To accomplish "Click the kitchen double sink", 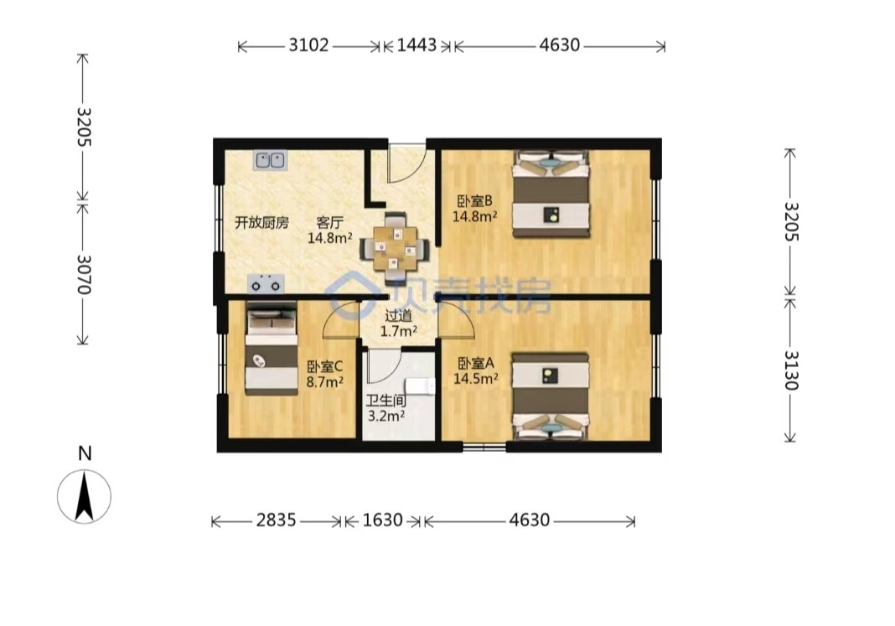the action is [270, 160].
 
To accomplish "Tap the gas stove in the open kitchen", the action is [266, 283].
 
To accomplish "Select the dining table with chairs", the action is [395, 249].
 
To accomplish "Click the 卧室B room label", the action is [474, 201].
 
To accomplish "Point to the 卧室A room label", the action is [475, 364].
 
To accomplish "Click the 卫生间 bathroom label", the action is [385, 401].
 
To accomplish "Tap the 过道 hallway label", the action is [398, 315].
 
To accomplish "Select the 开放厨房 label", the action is [262, 223].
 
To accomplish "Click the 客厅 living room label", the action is [329, 223].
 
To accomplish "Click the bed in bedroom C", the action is [272, 348].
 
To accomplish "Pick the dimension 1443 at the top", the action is [416, 45].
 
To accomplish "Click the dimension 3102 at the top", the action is [308, 45].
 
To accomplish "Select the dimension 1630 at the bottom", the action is [382, 520].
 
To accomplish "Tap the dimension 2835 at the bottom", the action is [276, 520].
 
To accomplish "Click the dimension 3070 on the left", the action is [84, 274].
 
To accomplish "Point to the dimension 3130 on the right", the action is [790, 370].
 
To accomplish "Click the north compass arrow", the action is [85, 496].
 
